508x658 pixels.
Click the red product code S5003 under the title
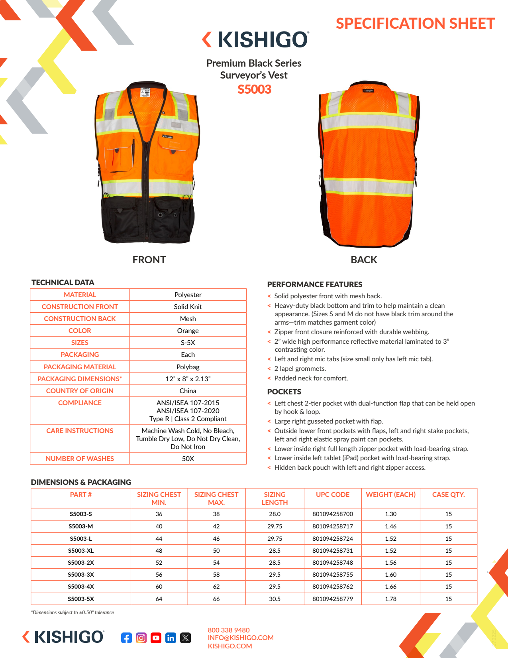pos(254,89)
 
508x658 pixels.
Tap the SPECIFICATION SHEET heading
pos(415,24)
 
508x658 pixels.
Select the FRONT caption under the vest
pos(149,260)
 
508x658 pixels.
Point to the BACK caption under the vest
pos(364,260)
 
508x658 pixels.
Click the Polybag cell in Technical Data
pos(188,367)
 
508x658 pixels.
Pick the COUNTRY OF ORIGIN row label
pos(80,391)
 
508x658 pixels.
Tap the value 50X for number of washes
pos(188,459)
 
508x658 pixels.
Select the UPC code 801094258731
pos(333,551)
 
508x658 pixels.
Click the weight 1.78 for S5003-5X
pos(390,599)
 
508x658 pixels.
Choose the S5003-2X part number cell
pos(81,563)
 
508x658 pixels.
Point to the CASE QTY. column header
pos(448,494)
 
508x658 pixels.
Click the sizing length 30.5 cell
pos(275,599)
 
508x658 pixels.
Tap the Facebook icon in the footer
pos(126,638)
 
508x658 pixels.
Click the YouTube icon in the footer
pos(156,638)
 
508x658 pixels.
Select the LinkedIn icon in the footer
pos(171,638)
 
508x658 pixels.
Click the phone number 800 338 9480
pos(229,630)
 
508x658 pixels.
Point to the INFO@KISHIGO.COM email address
pos(241,638)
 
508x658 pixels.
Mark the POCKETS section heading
pos(284,392)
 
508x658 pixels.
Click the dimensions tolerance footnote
pos(73,613)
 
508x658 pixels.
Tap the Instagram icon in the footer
pos(141,638)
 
